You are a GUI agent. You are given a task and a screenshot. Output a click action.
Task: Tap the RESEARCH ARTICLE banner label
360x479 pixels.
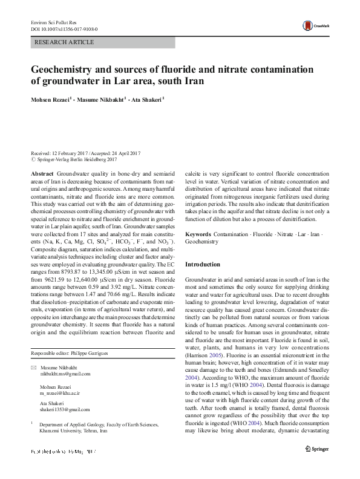64,42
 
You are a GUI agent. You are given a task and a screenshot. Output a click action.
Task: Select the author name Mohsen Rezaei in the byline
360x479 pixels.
51,99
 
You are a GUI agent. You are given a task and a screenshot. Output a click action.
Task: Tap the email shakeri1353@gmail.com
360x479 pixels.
64,409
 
